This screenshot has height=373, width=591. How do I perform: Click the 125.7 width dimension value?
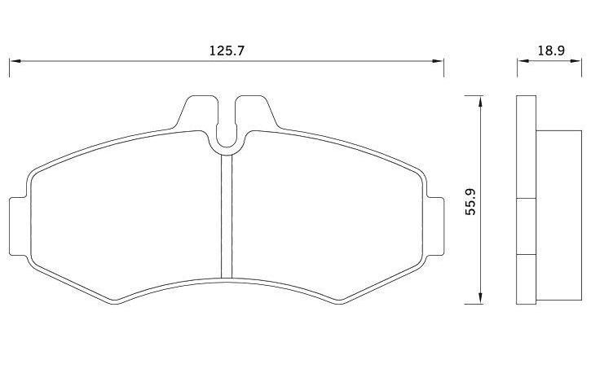227,50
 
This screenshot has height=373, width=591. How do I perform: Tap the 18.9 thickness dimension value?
551,50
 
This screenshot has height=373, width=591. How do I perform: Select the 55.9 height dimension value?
471,202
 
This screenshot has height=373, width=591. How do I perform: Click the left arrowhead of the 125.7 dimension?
15,61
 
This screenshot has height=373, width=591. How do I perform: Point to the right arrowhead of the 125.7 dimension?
438,61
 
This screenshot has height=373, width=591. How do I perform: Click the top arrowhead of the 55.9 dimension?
480,101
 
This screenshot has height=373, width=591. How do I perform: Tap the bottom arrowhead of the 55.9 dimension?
480,298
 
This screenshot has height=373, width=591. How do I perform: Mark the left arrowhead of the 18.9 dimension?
523,61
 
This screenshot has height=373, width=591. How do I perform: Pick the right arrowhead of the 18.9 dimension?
576,61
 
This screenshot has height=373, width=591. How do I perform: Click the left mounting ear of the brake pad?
18,226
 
